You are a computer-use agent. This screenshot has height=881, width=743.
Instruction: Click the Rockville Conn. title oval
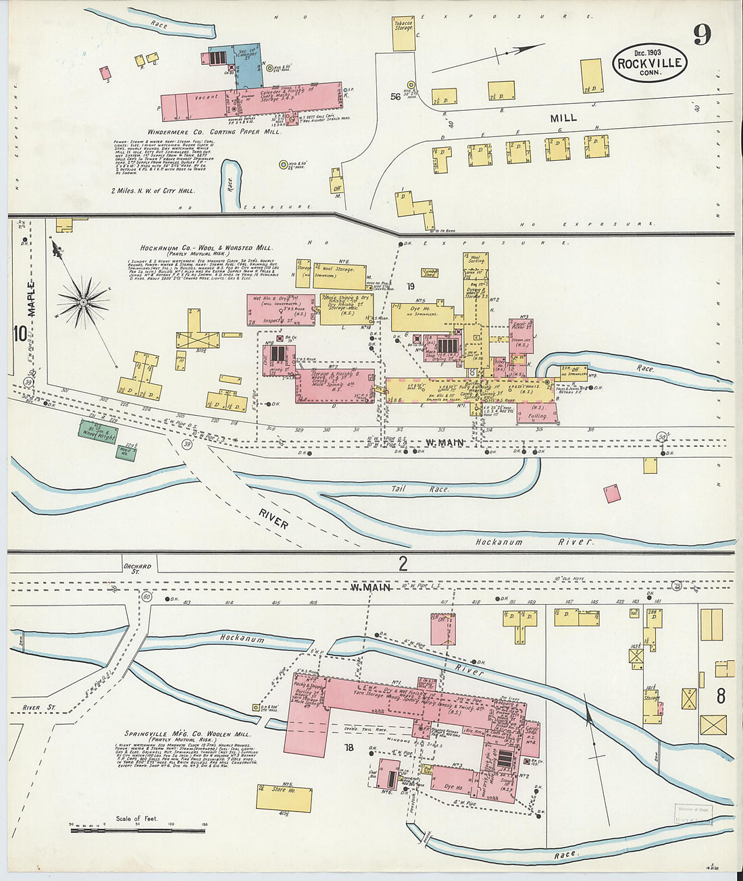click(x=650, y=63)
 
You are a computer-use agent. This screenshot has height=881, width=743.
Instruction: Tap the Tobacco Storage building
click(x=404, y=34)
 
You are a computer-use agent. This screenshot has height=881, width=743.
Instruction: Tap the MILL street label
click(x=563, y=117)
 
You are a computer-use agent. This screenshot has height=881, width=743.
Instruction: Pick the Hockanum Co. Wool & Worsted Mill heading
click(x=206, y=248)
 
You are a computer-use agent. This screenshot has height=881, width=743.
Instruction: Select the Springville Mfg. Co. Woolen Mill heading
click(x=188, y=733)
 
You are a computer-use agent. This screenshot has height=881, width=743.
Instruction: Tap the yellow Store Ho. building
click(x=284, y=799)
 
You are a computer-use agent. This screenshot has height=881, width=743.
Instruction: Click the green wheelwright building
click(x=98, y=433)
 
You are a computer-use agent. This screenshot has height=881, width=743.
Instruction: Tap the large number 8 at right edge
click(x=721, y=696)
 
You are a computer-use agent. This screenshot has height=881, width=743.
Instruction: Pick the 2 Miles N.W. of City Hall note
click(x=153, y=190)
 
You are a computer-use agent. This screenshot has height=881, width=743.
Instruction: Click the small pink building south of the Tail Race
click(x=612, y=494)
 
